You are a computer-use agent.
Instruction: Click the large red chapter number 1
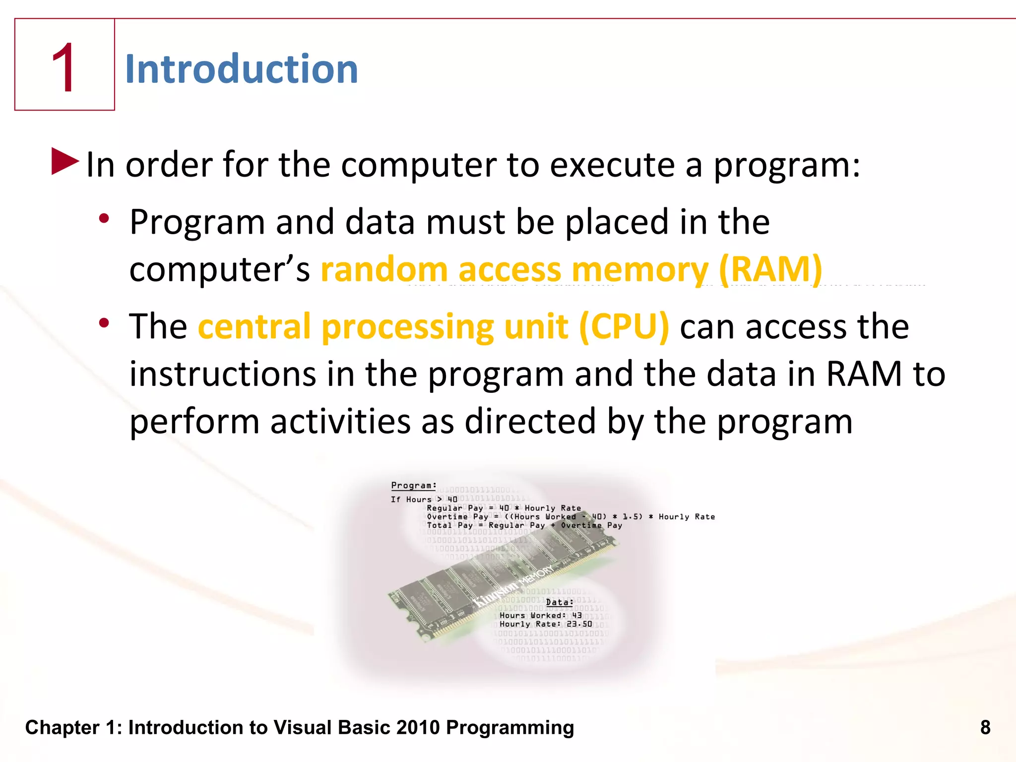64,68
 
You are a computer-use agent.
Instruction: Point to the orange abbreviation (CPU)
624,327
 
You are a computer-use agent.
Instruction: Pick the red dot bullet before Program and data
104,218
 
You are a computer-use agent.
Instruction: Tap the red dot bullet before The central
104,323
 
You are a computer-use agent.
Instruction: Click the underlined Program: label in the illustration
414,486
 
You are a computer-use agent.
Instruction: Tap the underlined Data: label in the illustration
560,602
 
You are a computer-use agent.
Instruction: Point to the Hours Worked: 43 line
540,615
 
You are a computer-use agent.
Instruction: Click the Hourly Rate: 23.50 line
546,624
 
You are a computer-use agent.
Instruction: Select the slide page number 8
985,727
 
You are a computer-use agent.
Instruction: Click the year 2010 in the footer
418,727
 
